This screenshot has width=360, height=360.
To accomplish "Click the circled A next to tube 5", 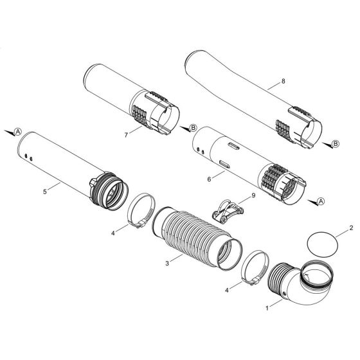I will (18, 130).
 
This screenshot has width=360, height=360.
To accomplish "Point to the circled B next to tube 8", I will (335, 145).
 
